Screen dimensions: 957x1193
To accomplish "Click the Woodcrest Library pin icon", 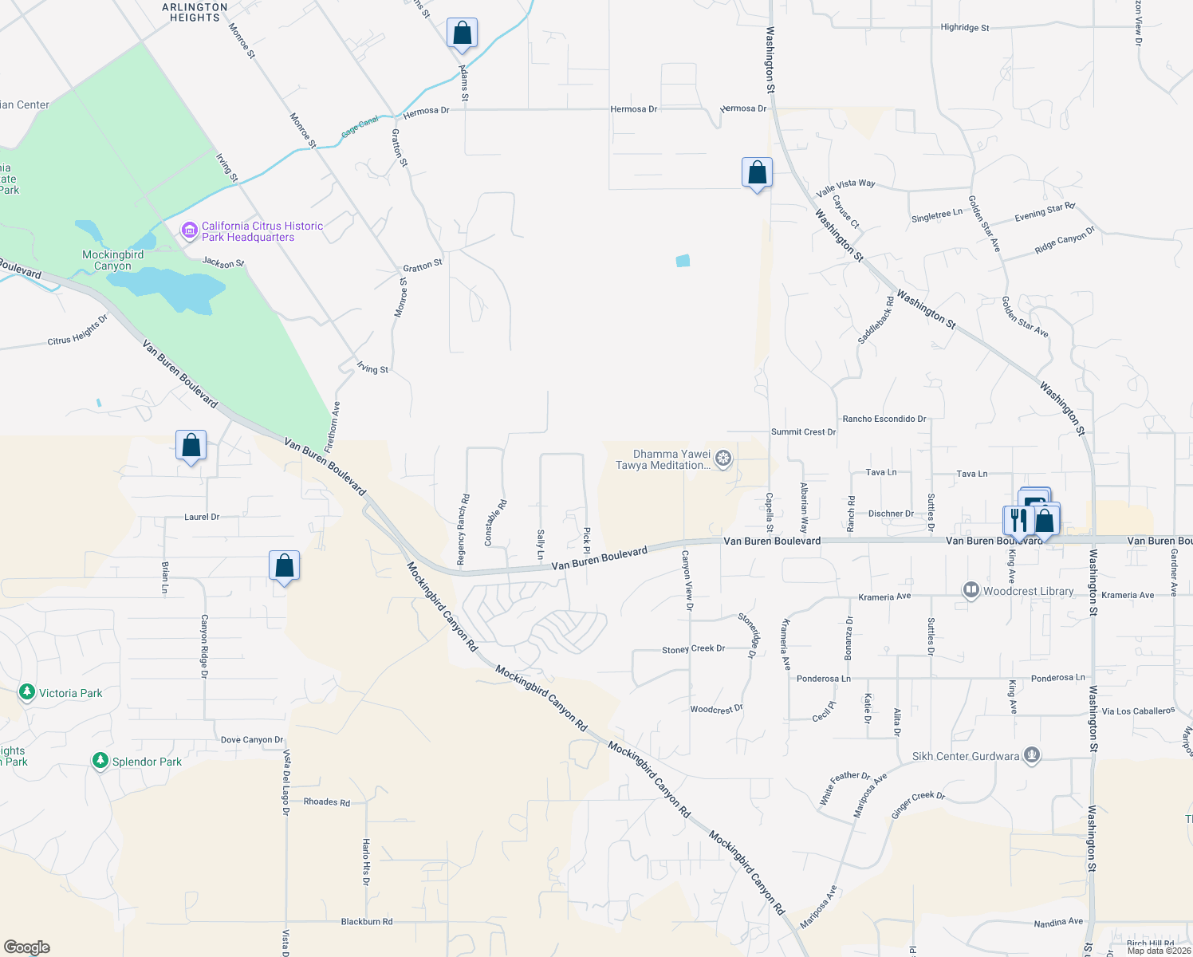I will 971,591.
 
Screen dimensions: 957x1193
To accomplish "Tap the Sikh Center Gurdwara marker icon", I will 1032,755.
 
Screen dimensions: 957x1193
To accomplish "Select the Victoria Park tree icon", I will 27,692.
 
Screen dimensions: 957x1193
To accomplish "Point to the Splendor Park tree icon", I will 100,762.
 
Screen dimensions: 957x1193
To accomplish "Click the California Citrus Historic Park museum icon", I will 189,231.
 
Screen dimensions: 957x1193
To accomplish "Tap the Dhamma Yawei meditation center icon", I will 723,459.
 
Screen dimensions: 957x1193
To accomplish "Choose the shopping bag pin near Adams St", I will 462,34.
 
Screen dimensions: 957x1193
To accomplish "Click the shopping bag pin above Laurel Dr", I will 191,446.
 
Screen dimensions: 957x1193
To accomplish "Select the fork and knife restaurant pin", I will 1018,520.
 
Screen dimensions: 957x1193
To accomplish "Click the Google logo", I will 26,947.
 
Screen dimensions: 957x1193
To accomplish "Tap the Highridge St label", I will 964,28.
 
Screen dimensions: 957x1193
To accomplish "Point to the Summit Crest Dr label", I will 803,432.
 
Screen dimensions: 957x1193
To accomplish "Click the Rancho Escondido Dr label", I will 884,419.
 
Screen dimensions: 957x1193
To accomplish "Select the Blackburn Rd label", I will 367,922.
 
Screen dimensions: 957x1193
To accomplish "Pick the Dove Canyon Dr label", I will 252,740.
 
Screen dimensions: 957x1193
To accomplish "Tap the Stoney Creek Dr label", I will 693,649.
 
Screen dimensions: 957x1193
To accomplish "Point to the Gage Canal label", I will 360,127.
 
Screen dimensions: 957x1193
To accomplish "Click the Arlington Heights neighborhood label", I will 195,12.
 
